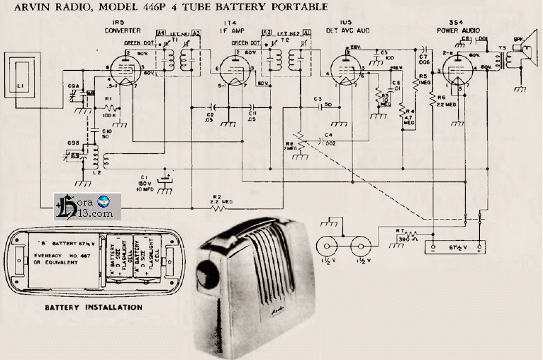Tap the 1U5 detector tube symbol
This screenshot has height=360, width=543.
pos(345,70)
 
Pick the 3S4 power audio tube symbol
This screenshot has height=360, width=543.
pos(456,70)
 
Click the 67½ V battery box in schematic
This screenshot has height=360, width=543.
pos(453,247)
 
